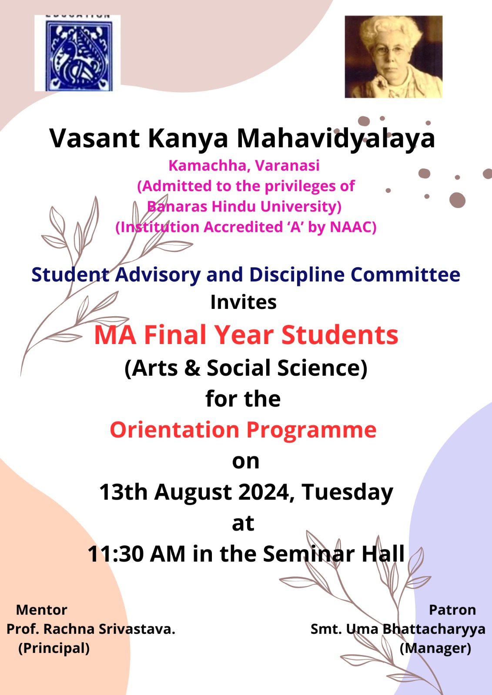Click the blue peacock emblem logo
click(77, 53)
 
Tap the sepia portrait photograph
click(394, 57)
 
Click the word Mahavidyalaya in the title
click(336, 139)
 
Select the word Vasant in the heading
click(94, 139)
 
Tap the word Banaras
click(177, 206)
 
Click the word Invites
click(243, 302)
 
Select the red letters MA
click(115, 335)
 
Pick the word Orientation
click(174, 430)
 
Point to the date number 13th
click(124, 492)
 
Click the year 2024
click(266, 493)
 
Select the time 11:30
click(116, 554)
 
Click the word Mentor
click(42, 610)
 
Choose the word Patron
click(452, 610)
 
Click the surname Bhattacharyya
click(434, 629)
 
